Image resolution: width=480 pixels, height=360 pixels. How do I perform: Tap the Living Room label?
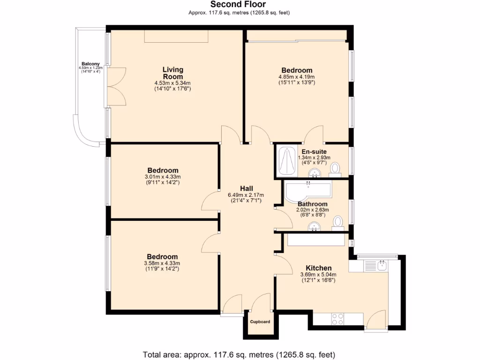coord(173,73)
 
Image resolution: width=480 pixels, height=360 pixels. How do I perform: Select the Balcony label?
coord(90,64)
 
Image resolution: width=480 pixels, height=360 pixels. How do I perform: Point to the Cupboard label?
coord(260,322)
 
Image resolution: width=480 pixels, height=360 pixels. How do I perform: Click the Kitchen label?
coord(319,268)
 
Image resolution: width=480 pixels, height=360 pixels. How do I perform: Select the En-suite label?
coord(314,151)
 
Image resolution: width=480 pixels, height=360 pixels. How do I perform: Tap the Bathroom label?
coord(313,204)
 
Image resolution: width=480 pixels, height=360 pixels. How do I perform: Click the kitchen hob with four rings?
coord(337,319)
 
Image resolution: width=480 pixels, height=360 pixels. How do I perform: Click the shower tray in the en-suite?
coord(285,161)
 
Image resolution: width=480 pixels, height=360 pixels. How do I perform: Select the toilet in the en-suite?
coord(335,168)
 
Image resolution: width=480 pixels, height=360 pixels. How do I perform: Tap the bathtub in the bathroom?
coord(307,190)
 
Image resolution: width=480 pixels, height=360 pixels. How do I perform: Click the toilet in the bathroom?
coord(337,223)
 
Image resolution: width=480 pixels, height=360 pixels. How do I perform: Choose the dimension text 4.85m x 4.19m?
coord(297,77)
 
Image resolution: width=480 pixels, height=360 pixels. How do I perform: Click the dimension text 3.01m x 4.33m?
coord(163,177)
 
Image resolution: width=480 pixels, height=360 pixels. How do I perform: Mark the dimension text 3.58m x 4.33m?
coord(162,263)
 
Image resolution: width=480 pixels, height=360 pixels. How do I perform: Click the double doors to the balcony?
coord(116,86)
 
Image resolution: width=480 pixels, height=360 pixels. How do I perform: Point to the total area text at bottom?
coord(239,354)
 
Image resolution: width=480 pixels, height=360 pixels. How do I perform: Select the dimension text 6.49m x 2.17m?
coord(246,195)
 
